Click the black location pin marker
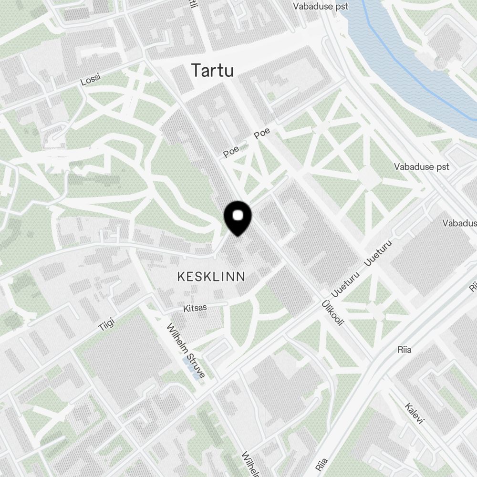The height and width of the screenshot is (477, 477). (238, 219)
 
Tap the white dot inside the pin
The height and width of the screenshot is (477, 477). (238, 216)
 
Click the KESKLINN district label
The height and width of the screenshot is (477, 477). (211, 276)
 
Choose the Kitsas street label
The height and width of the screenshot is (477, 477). (195, 308)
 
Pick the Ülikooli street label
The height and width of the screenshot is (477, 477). (333, 313)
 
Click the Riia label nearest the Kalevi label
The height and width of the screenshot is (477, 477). (404, 350)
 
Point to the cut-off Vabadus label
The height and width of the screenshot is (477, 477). (459, 223)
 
